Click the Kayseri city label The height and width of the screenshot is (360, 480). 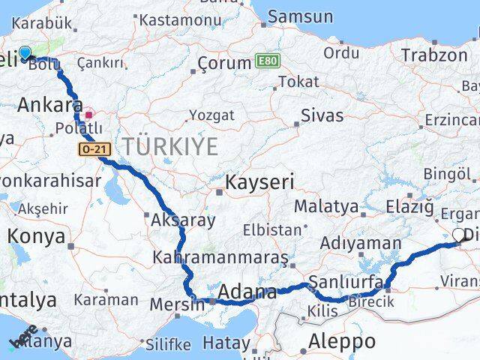tap(260, 182)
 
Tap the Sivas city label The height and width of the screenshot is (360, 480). tap(322, 115)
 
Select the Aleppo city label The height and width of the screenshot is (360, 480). tap(342, 342)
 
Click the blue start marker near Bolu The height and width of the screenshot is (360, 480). tap(25, 52)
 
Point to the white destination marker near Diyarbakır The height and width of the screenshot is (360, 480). tap(458, 235)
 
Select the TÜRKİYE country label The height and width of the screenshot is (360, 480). tap(171, 146)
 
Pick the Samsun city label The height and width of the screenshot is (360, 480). tap(300, 16)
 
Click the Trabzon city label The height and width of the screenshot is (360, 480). tap(433, 55)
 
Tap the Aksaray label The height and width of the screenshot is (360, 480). tap(183, 220)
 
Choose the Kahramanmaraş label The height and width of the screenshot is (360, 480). tap(220, 258)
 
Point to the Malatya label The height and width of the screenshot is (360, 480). tap(326, 206)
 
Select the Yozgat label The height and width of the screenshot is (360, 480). tap(211, 115)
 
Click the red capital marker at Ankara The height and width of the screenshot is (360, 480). tap(88, 115)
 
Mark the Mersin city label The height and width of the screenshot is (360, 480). tap(177, 304)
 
